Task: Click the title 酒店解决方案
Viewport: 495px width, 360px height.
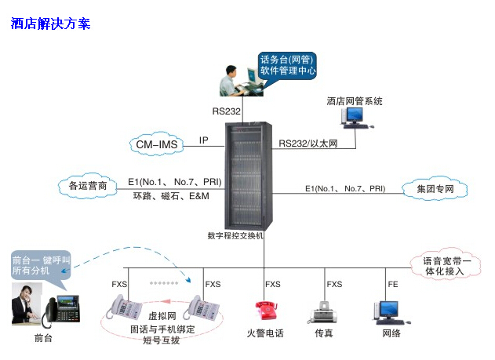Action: [51, 24]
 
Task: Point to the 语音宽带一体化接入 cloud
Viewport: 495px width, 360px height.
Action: [447, 266]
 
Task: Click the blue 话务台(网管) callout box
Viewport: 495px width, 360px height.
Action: [288, 64]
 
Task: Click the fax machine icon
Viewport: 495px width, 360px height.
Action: [323, 312]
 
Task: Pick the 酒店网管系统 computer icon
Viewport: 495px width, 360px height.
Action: [355, 117]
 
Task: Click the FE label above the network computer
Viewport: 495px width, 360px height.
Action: [391, 284]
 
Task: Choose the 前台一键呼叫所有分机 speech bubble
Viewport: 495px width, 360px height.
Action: [41, 264]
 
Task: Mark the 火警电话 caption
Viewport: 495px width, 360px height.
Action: [265, 333]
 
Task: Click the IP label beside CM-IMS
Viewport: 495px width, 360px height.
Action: [204, 140]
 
